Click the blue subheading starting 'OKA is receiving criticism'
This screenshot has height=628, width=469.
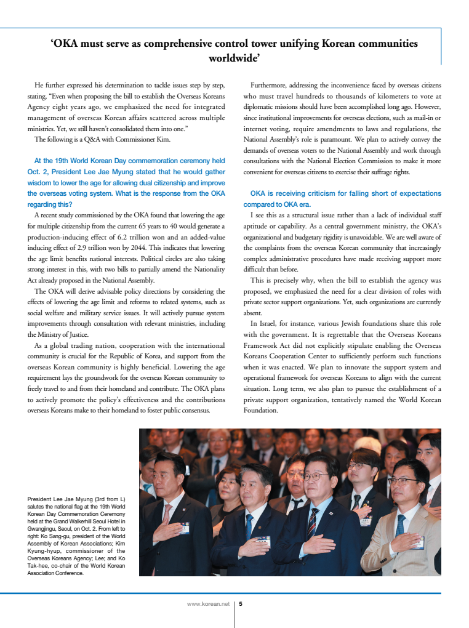pos(342,193)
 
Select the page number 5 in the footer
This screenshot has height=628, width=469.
pos(241,604)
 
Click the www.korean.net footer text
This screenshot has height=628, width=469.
pos(208,604)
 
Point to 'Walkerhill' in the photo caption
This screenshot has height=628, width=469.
pos(79,520)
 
